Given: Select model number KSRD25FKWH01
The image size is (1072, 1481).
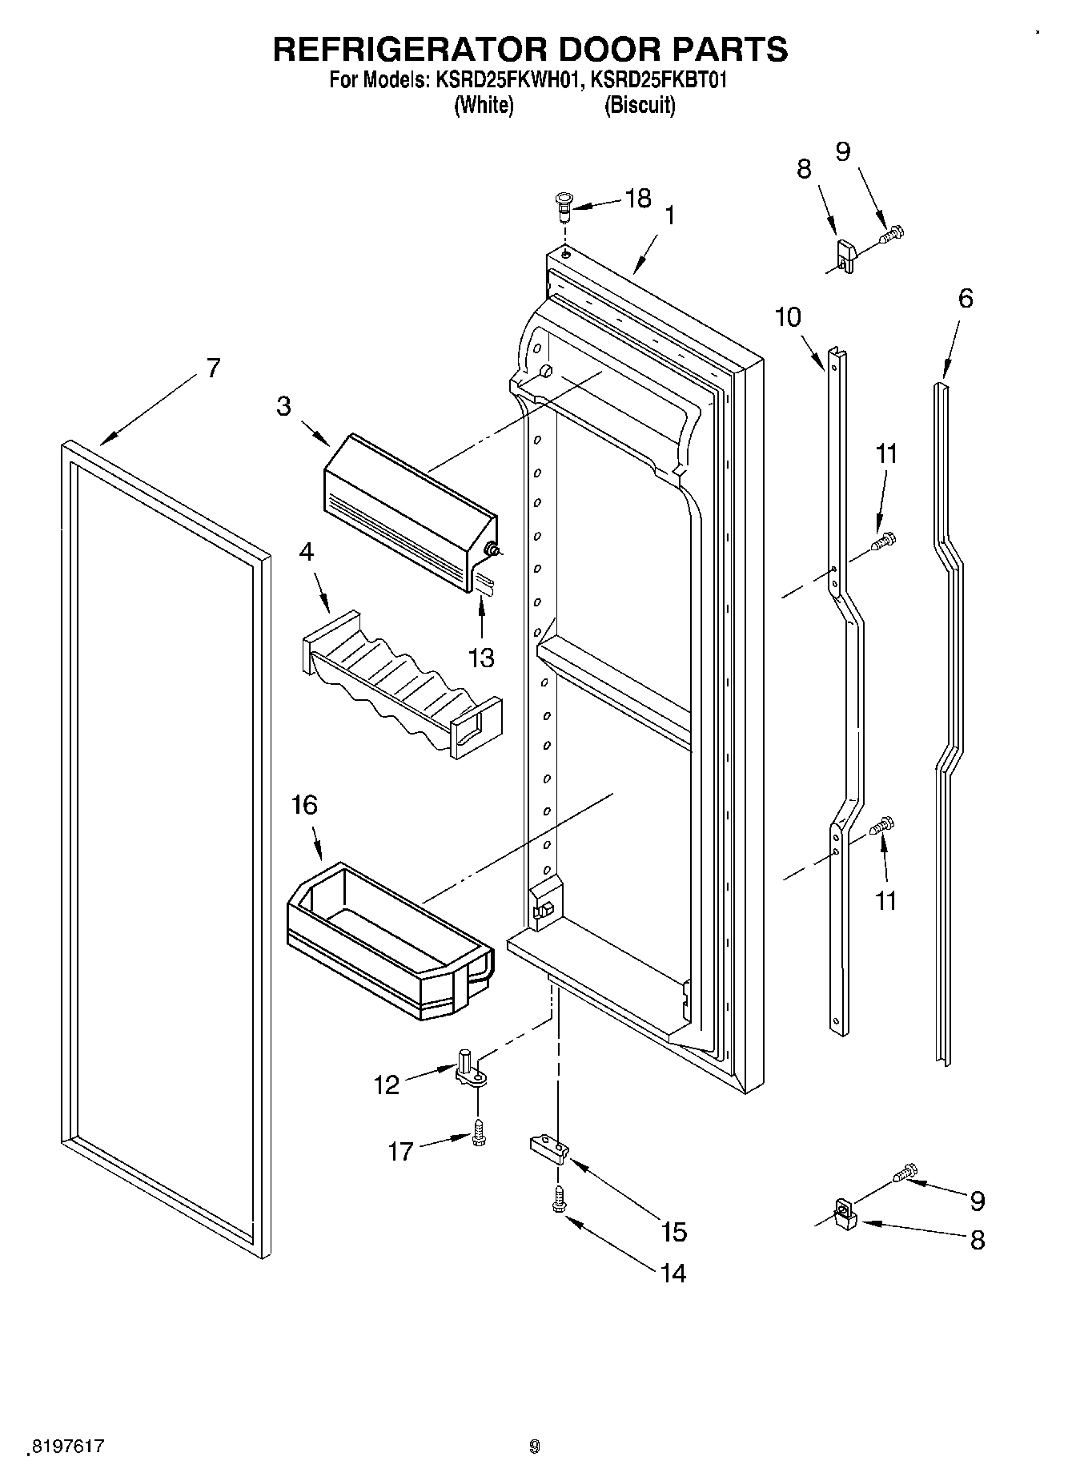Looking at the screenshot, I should point(504,80).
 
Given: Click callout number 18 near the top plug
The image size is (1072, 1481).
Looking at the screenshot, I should point(638,199).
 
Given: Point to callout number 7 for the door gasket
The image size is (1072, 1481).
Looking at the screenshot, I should point(212,368).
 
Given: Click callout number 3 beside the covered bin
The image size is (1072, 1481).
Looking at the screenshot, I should point(283,406).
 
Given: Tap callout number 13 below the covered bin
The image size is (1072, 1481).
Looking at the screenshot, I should point(481,658).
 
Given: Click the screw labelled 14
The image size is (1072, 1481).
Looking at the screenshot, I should point(559,1201).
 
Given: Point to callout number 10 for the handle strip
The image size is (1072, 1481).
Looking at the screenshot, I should point(788,317).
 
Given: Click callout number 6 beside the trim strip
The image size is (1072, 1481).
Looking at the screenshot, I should point(966,299).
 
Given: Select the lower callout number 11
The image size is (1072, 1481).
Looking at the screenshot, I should point(885,900).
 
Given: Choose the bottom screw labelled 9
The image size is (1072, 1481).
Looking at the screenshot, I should point(906,1172).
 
